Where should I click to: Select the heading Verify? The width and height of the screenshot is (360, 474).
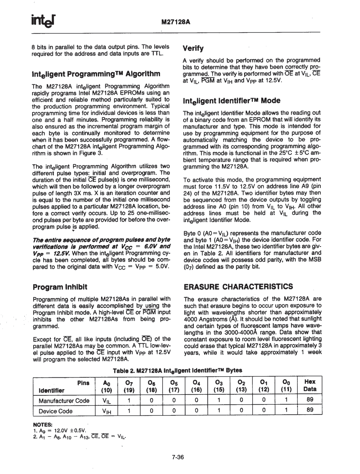pos(193,48)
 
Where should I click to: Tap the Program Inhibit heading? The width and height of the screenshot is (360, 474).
pos(60,287)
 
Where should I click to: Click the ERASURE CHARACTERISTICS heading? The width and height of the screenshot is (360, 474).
pos(238,286)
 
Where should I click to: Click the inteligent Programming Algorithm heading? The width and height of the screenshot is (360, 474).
pos(96,74)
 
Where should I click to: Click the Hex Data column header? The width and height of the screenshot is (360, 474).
pos(310,385)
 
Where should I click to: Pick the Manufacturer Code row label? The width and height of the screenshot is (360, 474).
pos(64,400)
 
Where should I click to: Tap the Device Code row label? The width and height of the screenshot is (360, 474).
pos(55,411)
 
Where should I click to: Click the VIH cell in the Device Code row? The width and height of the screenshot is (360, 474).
pos(106,411)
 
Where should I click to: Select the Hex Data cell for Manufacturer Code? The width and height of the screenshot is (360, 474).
pos(310,400)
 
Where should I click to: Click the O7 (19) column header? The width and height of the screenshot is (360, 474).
pos(129,385)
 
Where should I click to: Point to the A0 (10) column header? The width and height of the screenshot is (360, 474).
pos(106,385)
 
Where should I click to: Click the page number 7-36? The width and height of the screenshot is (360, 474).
pos(177,457)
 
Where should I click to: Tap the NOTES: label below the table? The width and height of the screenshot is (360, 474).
pos(42,425)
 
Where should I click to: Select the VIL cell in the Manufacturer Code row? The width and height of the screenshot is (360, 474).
pos(106,400)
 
